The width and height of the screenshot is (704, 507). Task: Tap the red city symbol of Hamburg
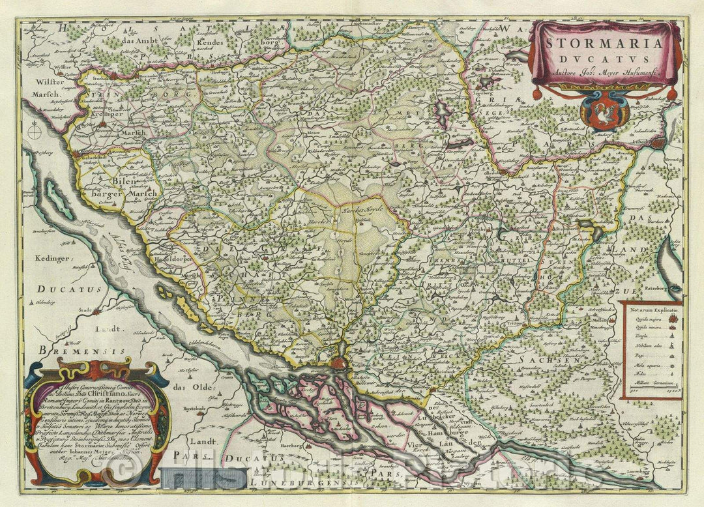(338, 363)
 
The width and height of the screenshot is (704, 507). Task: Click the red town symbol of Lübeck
(658, 143)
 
